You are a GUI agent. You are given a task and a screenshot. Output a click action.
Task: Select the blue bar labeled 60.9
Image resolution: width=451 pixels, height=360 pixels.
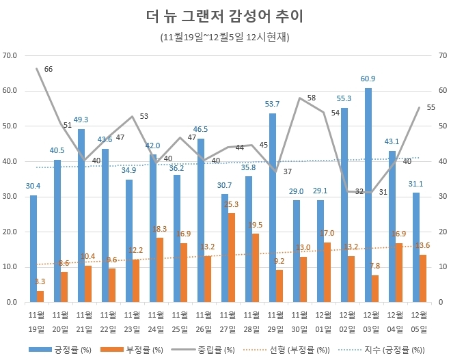point(368,195)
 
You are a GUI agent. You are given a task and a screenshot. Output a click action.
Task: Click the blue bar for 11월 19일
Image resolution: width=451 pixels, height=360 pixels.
point(33,249)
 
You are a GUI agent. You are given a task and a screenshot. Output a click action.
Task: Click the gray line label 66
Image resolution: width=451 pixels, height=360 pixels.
point(48,69)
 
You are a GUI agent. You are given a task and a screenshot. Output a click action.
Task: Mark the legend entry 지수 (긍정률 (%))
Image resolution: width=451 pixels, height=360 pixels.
point(389,350)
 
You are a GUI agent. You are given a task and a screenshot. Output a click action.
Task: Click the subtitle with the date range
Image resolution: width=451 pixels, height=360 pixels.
point(225,37)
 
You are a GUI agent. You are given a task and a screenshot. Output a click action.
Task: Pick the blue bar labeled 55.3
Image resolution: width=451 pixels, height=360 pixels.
point(344,205)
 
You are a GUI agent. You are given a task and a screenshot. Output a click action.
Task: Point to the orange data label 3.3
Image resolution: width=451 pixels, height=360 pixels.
point(41,281)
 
